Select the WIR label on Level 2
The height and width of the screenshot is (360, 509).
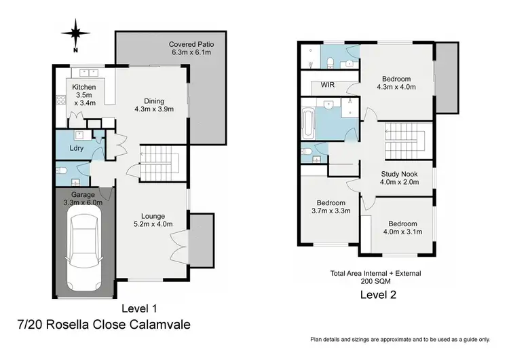coord(319,86)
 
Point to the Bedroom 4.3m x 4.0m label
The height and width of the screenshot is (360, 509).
coord(396,82)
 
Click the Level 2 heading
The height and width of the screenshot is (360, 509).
coord(378,295)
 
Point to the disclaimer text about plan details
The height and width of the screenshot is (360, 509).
coord(400,339)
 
